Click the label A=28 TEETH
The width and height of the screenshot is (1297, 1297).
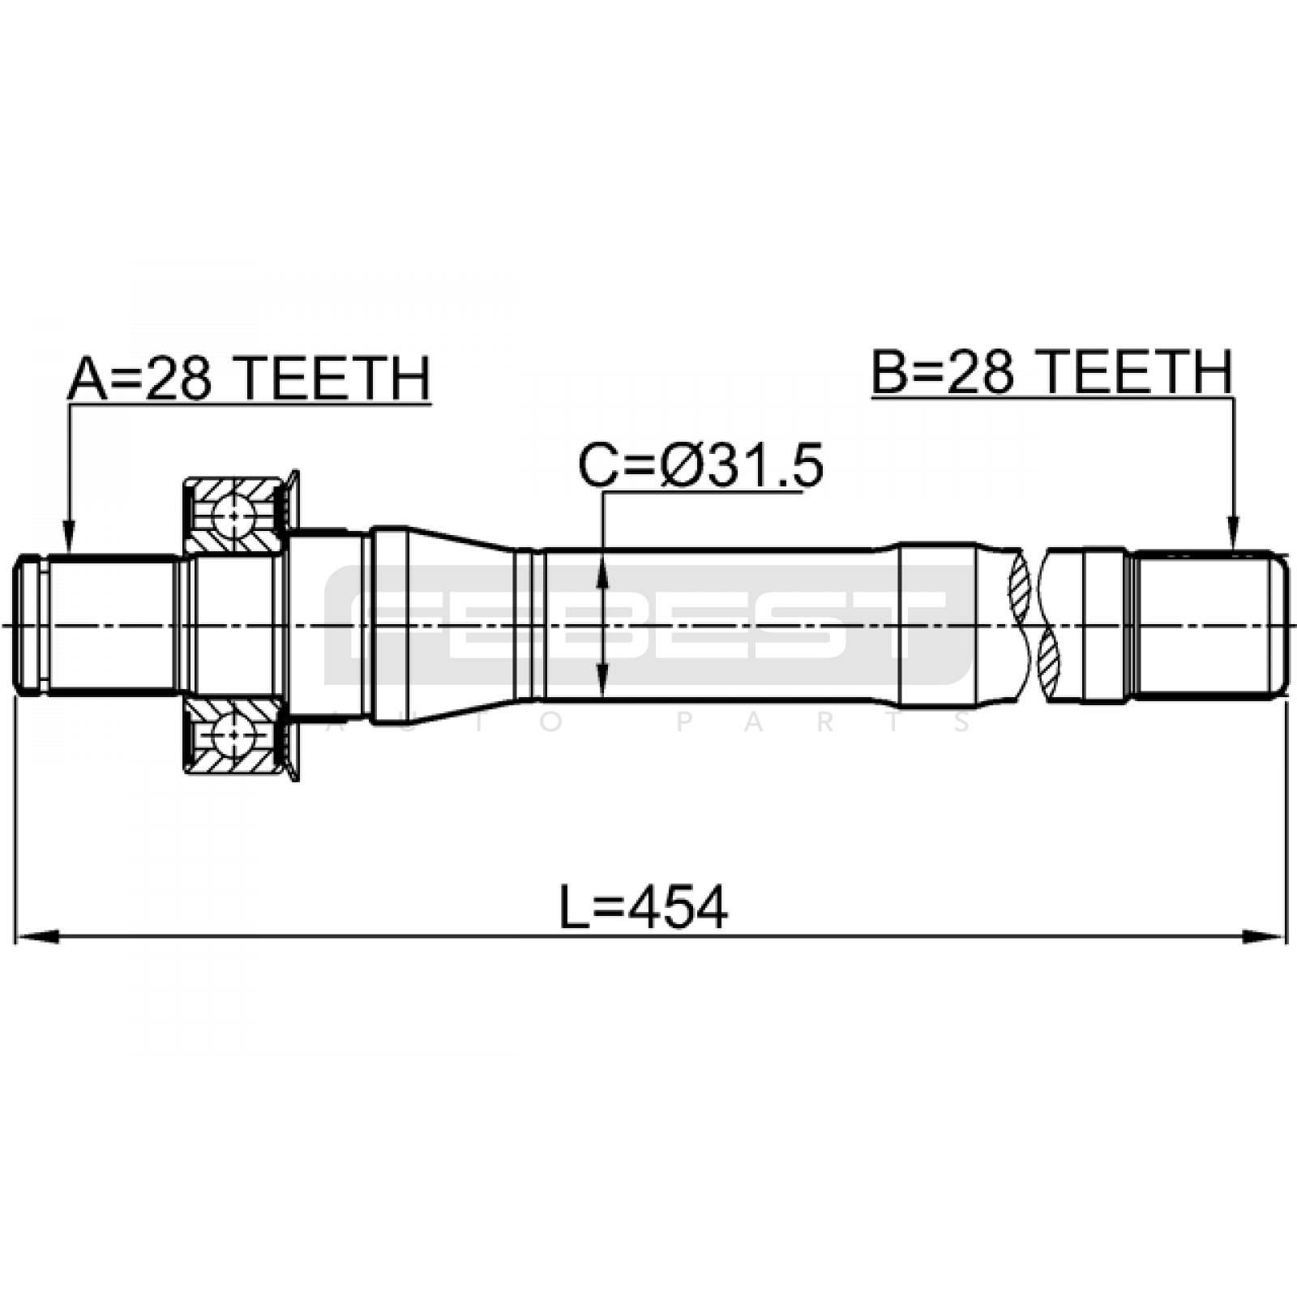coord(249,379)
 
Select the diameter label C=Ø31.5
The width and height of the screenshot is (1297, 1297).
coord(700,465)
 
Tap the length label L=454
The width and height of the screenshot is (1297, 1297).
coord(644,907)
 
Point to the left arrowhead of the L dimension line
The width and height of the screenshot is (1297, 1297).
coord(37,936)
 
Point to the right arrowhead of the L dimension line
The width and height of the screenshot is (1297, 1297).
coord(1265,936)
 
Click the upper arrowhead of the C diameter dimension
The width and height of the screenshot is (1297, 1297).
coord(602,571)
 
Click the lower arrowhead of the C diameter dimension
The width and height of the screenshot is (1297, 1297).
coord(602,679)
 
